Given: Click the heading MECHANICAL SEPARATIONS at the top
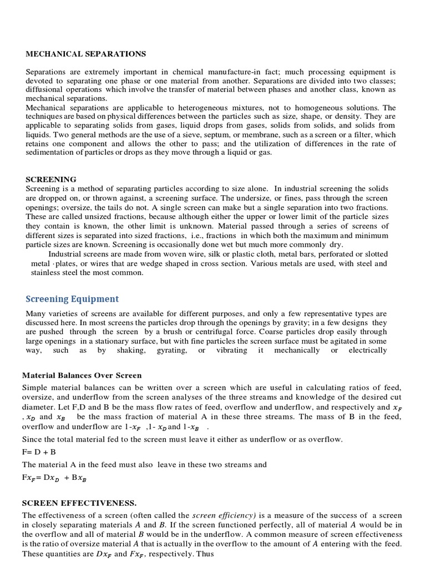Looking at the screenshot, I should coord(86,54).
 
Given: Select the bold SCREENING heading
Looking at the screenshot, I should coord(52,179).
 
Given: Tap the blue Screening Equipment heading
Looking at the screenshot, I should coord(72,299).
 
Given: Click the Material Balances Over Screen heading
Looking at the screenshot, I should coord(82,376).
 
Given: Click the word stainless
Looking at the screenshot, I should coord(48,272).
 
